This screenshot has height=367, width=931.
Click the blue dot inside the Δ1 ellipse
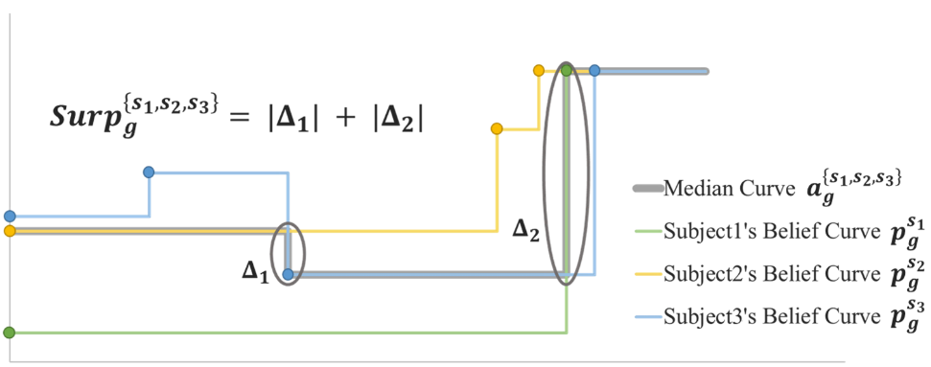click(288, 274)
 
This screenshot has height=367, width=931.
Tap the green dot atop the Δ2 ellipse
click(567, 71)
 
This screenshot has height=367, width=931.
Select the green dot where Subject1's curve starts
click(9, 333)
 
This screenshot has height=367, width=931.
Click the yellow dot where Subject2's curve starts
click(10, 231)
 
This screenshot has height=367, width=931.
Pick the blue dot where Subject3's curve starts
click(10, 217)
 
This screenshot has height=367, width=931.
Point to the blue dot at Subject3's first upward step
click(149, 172)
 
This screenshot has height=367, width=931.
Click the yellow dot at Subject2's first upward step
click(497, 128)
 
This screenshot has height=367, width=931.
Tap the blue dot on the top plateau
click(594, 71)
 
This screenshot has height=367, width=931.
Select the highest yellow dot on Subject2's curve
click(539, 71)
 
